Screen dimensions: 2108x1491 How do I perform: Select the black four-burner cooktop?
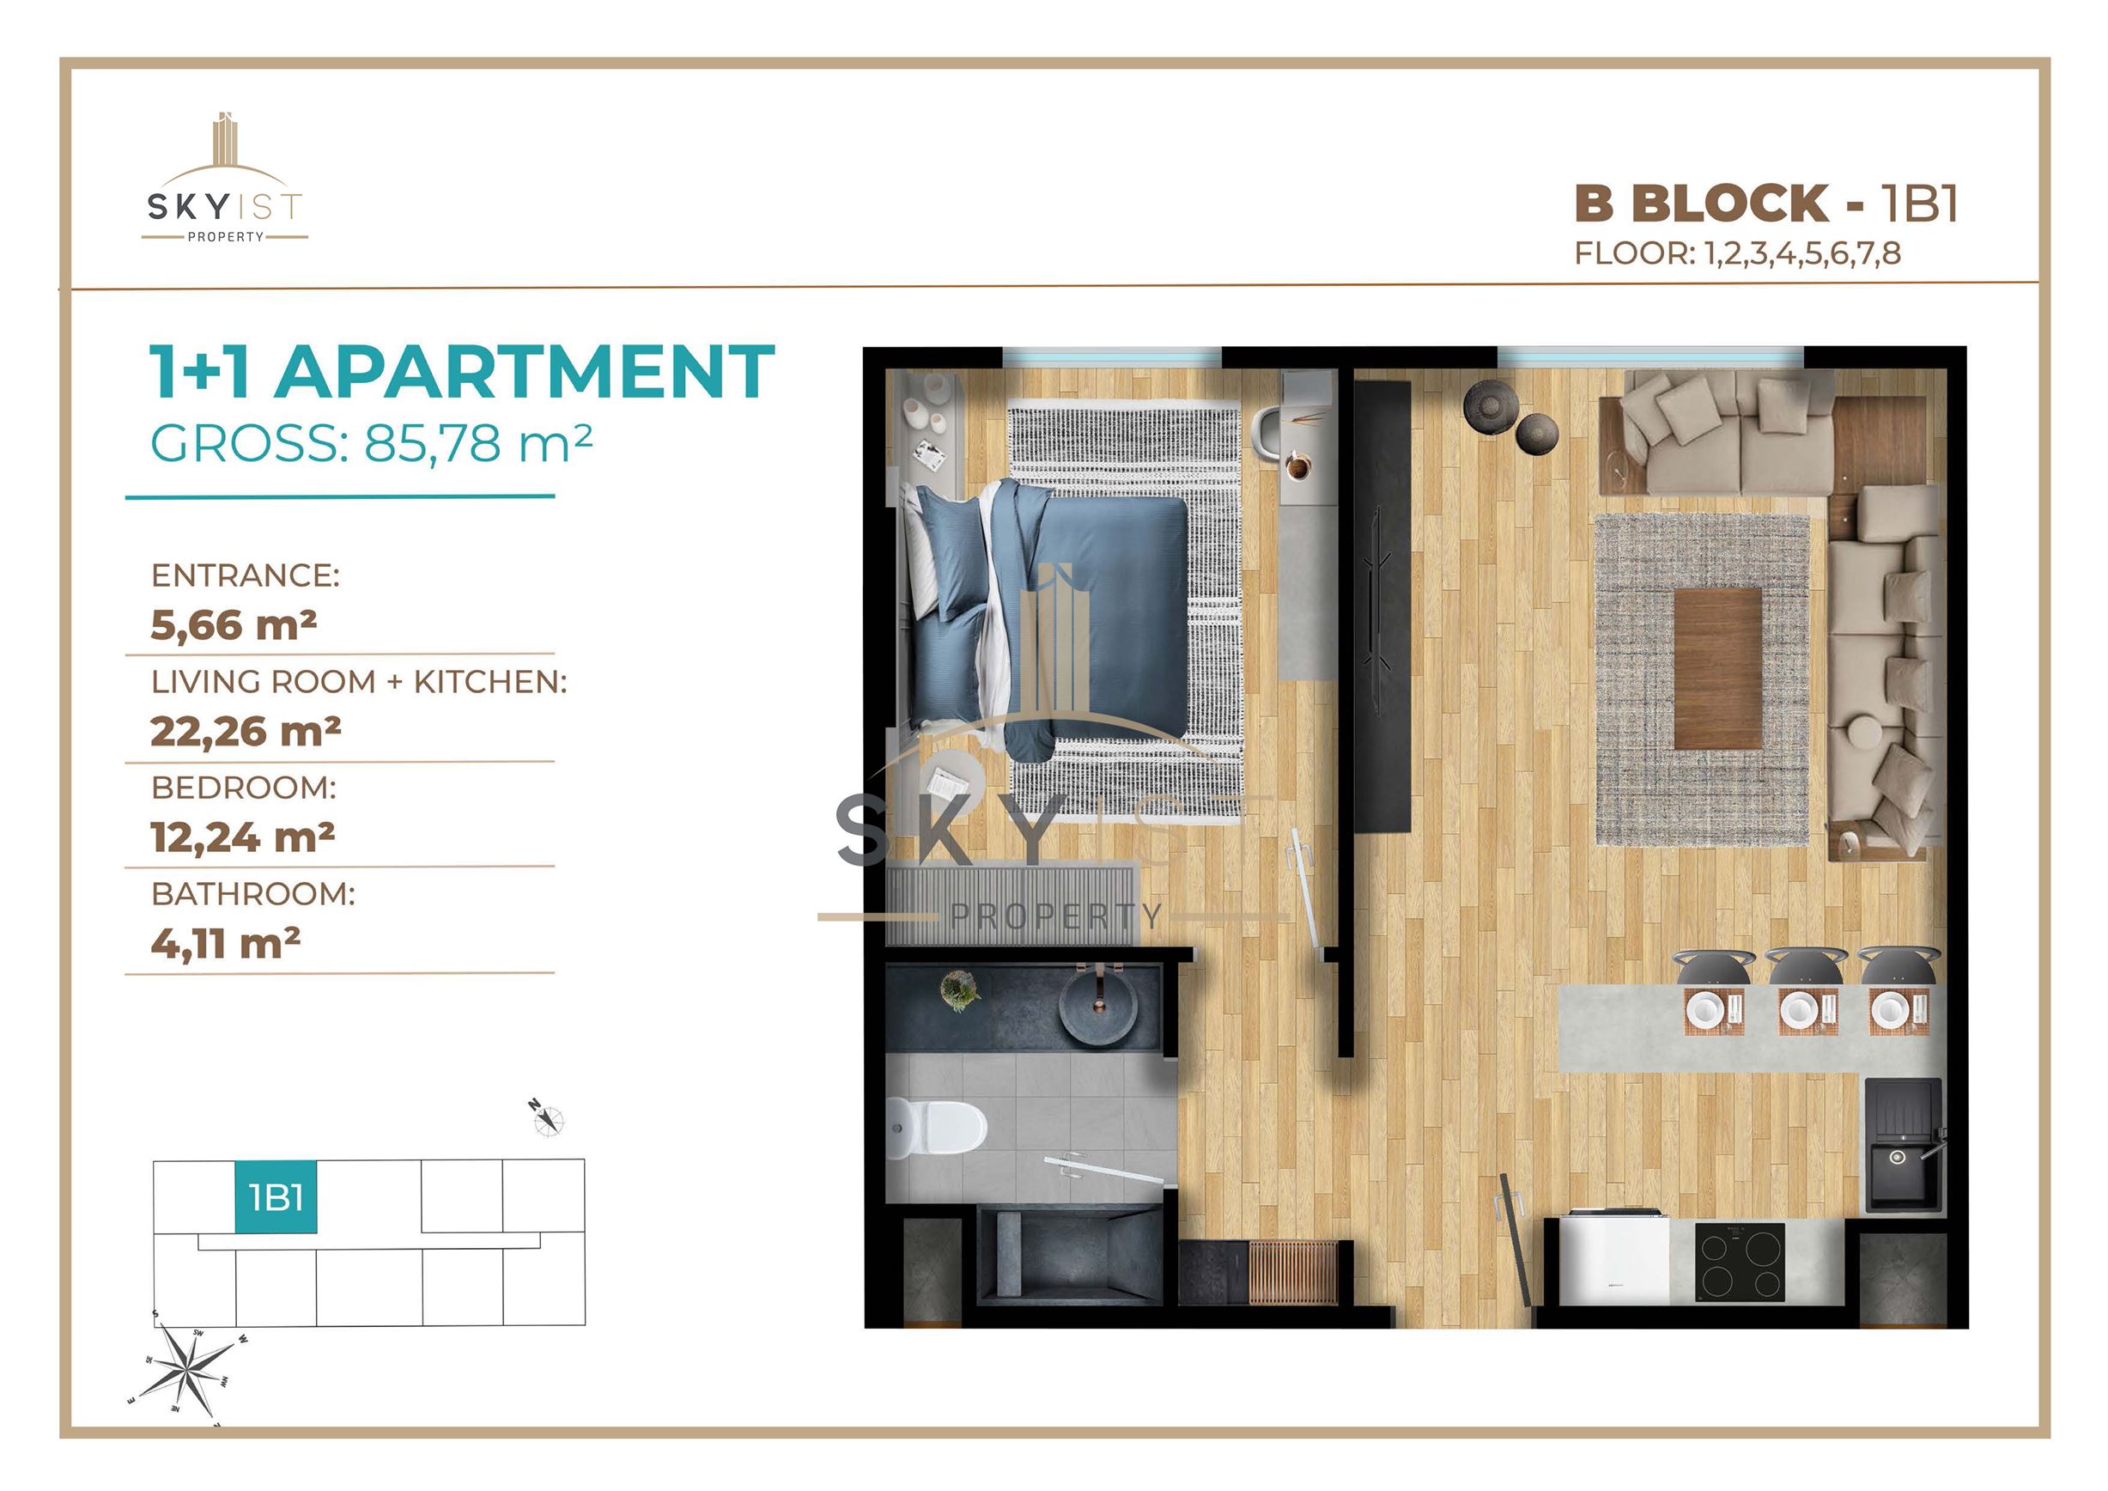[1740, 1262]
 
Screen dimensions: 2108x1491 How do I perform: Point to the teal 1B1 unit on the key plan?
[276, 1197]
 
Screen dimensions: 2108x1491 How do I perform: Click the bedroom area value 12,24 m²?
[242, 837]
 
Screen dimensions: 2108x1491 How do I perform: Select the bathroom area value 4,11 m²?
[226, 943]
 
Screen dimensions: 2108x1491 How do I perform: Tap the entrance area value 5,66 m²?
[234, 624]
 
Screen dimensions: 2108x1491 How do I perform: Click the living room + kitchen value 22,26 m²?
[246, 731]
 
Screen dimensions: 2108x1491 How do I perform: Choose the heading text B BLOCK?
[1702, 203]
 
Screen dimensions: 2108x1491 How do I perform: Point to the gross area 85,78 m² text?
[477, 442]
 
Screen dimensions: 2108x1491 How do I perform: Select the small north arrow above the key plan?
[547, 1117]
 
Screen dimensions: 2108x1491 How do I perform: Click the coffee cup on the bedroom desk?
[1298, 466]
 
